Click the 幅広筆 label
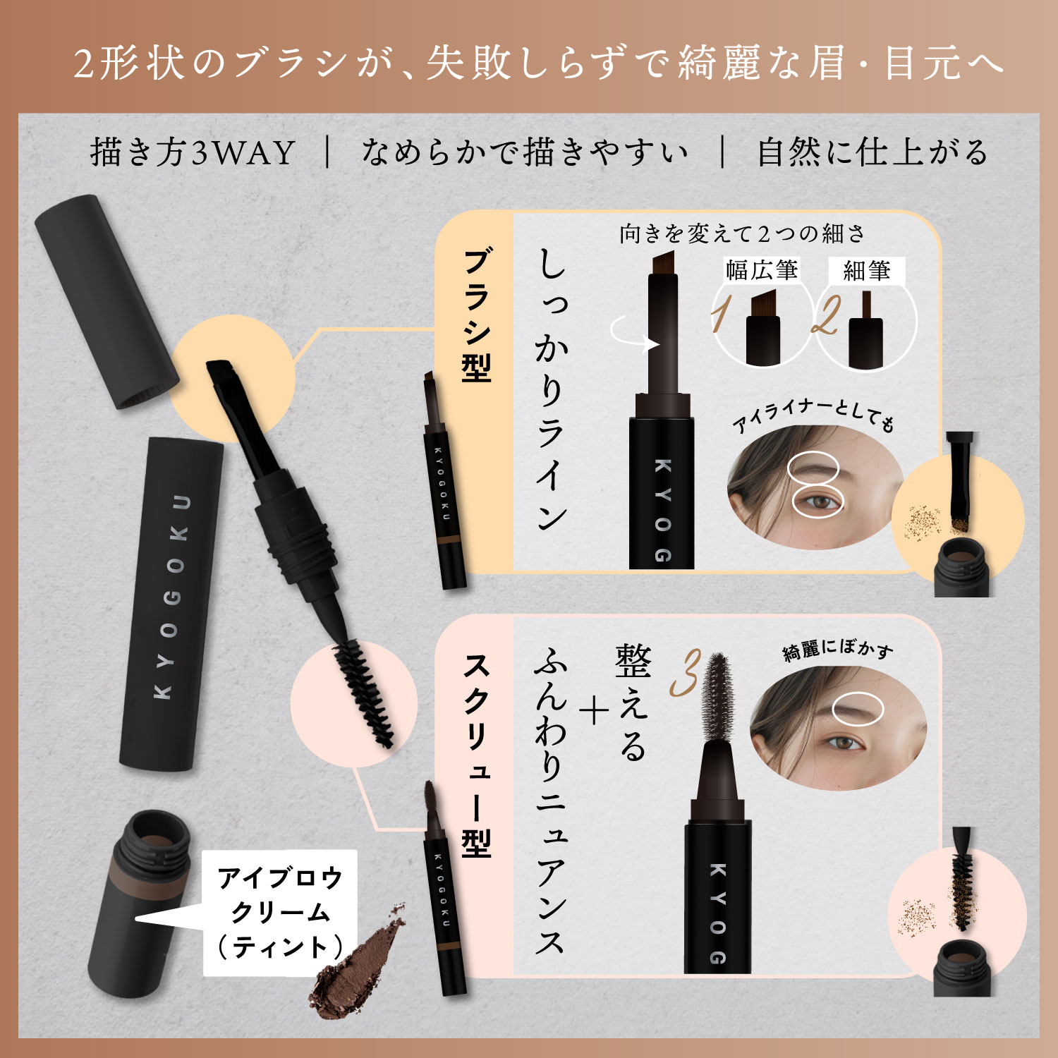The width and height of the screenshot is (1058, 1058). [x=762, y=270]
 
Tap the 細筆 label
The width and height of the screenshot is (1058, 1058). [x=866, y=271]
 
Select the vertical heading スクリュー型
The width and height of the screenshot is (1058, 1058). [x=477, y=755]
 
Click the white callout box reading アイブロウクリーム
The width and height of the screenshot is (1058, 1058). [x=280, y=912]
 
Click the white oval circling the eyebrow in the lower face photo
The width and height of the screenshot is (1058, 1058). [x=858, y=708]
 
